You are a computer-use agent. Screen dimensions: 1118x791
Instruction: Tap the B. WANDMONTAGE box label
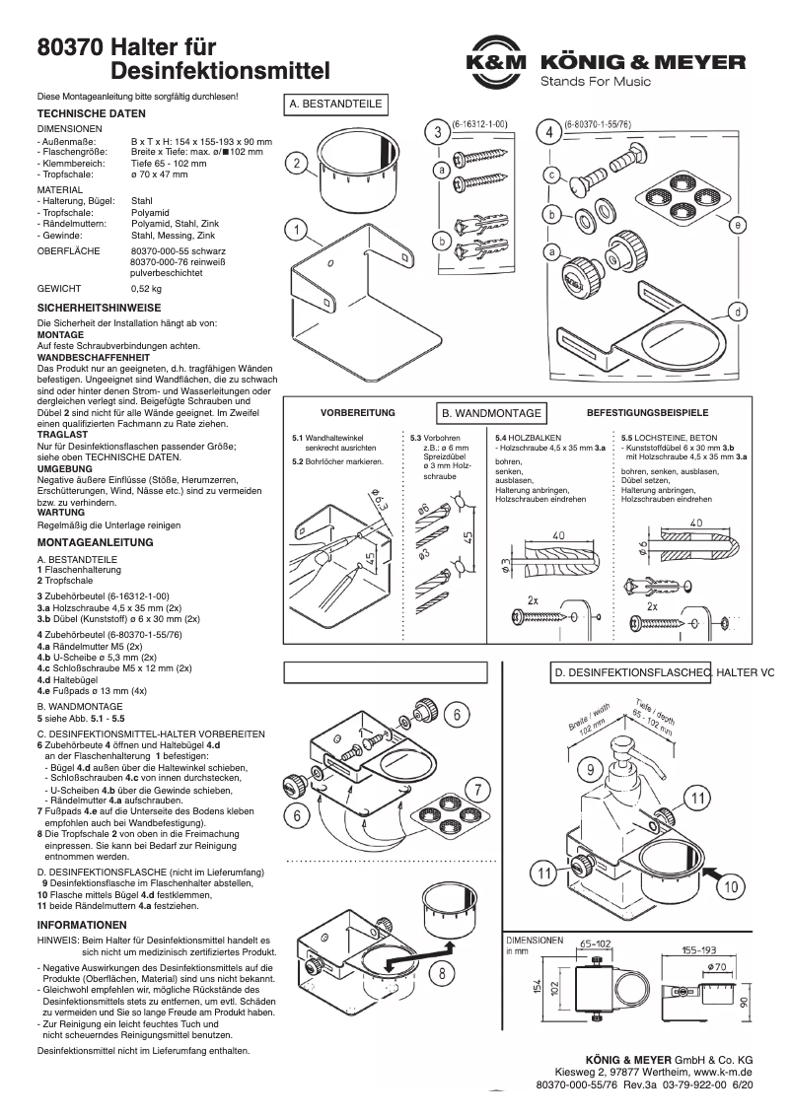pos(491,413)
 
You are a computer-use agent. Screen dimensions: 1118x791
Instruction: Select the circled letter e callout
pos(737,224)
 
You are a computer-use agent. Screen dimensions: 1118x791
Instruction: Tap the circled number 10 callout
pos(731,887)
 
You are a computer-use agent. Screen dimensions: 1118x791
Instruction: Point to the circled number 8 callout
pos(444,972)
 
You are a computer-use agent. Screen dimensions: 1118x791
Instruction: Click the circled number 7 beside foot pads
pos(476,789)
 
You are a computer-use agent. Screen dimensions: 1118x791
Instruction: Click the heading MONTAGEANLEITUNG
pos(95,542)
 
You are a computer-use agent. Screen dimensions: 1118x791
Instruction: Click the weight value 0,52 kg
pos(146,289)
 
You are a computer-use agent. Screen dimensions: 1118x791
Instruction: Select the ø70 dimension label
pos(717,968)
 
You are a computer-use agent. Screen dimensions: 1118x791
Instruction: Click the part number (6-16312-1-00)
pos(479,125)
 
